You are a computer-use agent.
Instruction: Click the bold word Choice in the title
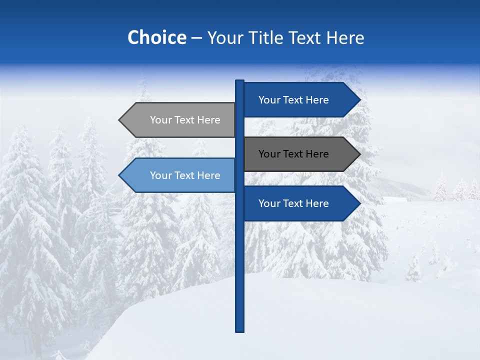[156, 37]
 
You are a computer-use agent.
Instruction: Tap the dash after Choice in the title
[196, 38]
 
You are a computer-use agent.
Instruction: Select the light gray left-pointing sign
[180, 120]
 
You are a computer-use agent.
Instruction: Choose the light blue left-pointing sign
[180, 175]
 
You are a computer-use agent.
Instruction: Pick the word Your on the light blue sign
[160, 175]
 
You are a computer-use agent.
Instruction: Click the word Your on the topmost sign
[269, 100]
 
